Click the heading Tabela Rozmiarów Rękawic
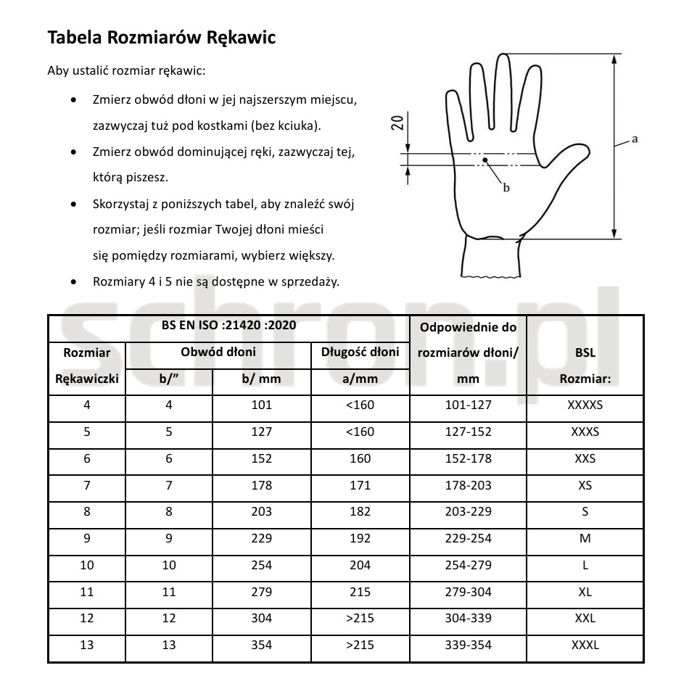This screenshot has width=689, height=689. [161, 38]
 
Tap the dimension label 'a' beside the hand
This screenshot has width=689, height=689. [635, 139]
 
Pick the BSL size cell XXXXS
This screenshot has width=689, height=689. [585, 405]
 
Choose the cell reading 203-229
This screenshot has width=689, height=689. [468, 511]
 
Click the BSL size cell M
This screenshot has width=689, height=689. [585, 538]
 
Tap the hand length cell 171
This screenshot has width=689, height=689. [360, 485]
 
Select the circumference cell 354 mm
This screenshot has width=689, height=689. [261, 645]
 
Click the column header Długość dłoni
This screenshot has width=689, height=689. [360, 352]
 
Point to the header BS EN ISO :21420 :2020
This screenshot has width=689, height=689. [228, 326]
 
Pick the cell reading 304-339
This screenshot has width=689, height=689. [468, 618]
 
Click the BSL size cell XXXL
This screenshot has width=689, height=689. [585, 645]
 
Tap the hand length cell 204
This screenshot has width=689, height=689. [360, 565]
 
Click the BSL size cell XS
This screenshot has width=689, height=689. [585, 485]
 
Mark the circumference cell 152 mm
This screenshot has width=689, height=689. [261, 458]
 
